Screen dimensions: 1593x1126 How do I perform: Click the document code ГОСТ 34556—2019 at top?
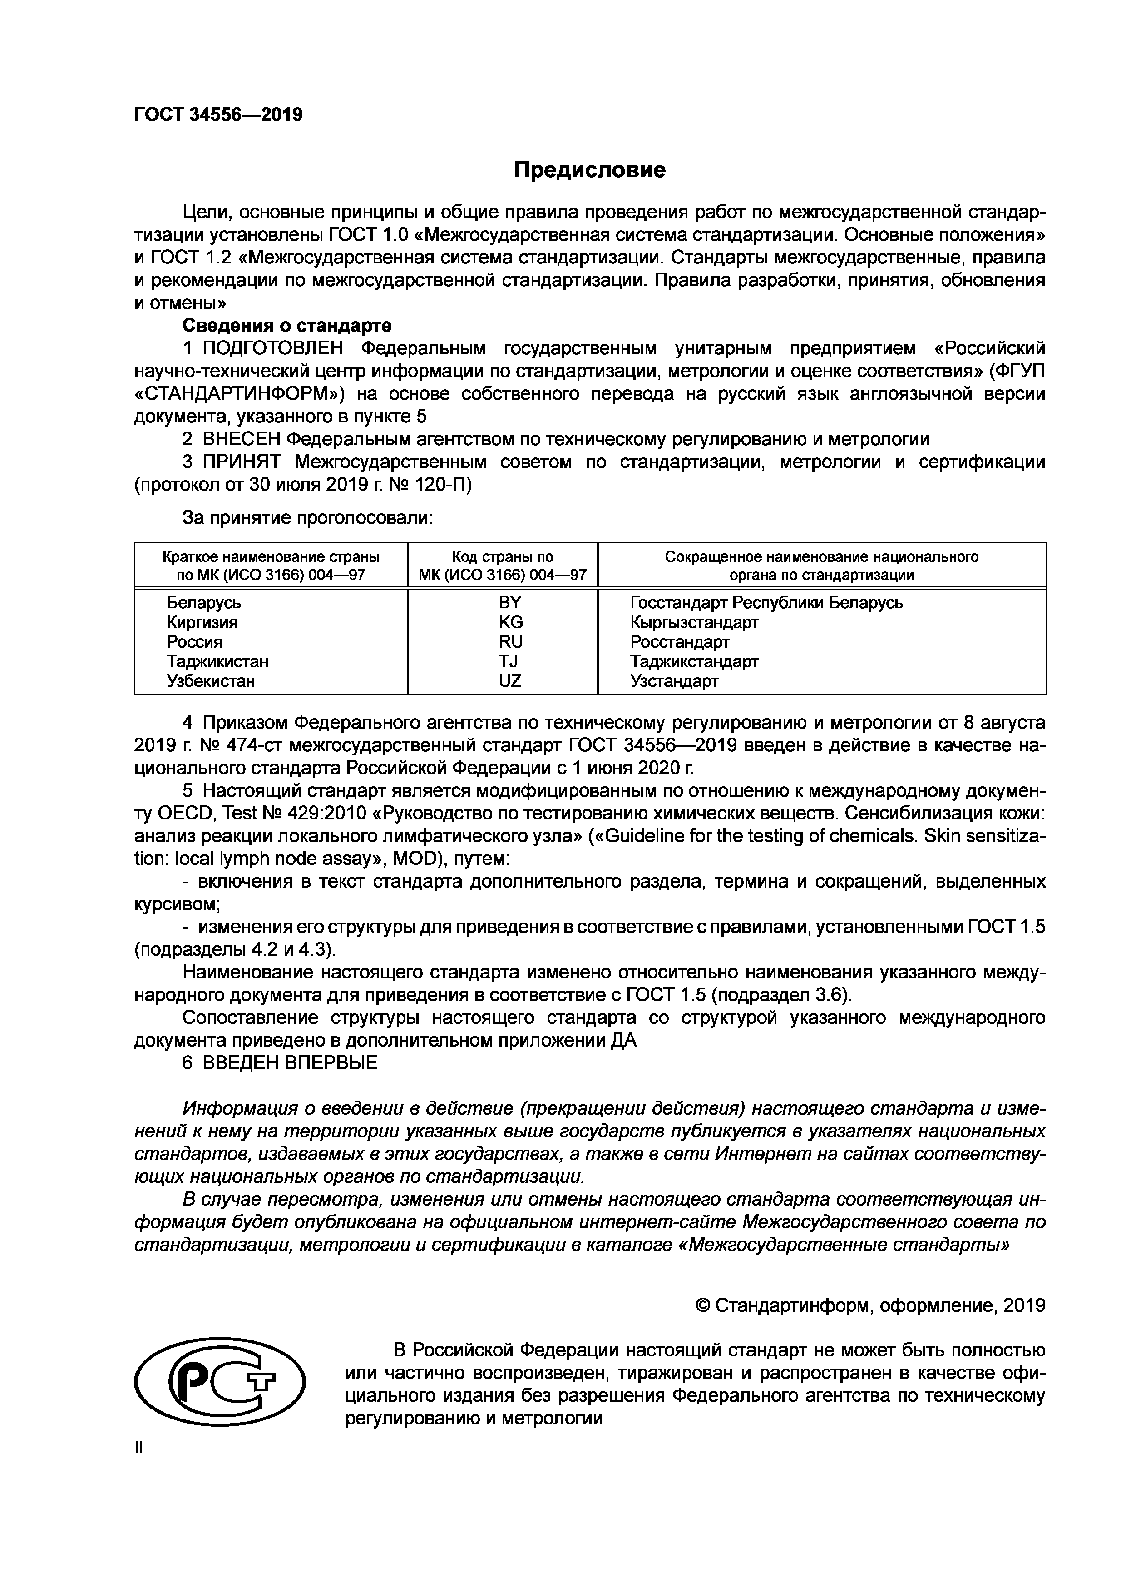coord(218,114)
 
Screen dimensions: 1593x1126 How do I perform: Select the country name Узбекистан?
coord(211,680)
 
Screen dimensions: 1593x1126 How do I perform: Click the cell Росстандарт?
coord(680,641)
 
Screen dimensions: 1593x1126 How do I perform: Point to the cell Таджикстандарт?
coord(694,661)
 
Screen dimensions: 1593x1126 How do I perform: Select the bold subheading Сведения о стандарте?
coord(286,325)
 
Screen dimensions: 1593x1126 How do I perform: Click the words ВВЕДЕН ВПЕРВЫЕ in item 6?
coord(290,1062)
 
